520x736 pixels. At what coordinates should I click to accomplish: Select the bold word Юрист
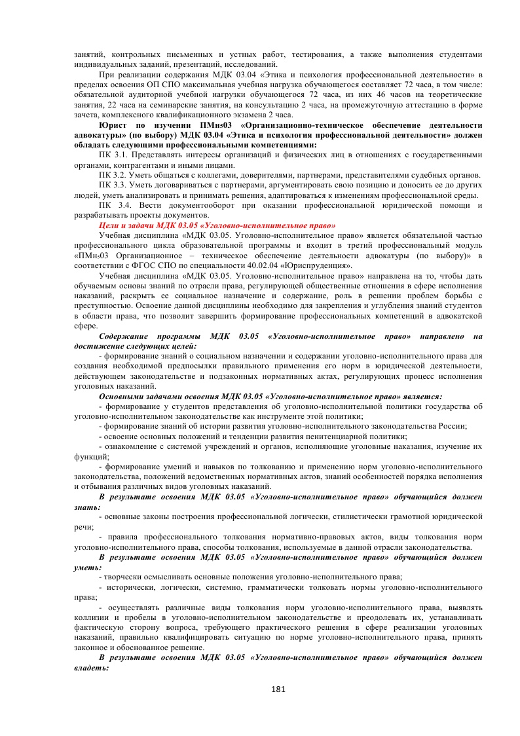[114, 125]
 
